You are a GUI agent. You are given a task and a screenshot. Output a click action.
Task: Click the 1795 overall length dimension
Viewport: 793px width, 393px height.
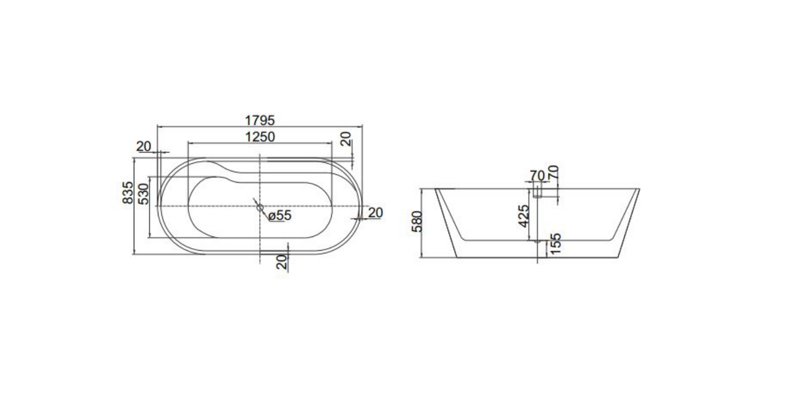pyautogui.click(x=260, y=121)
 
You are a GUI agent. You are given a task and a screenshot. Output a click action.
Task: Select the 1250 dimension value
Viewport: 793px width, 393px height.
pyautogui.click(x=260, y=137)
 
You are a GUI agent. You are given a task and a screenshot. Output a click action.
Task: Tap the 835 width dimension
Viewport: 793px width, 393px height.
pyautogui.click(x=128, y=192)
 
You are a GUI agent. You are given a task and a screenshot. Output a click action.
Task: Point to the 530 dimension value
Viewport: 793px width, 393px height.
pyautogui.click(x=143, y=194)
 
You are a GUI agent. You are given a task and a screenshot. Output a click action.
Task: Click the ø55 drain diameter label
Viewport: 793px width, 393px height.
pyautogui.click(x=280, y=215)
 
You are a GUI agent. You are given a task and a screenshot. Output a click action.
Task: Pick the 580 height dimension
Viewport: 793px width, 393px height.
pyautogui.click(x=417, y=221)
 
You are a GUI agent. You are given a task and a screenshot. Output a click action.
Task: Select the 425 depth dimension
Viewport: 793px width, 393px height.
pyautogui.click(x=523, y=216)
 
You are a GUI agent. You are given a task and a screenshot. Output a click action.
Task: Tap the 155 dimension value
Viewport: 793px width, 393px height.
pyautogui.click(x=556, y=243)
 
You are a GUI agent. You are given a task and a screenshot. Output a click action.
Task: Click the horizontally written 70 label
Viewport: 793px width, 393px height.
pyautogui.click(x=536, y=175)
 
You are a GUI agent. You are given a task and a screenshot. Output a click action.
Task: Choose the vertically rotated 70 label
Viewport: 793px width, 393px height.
pyautogui.click(x=553, y=172)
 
